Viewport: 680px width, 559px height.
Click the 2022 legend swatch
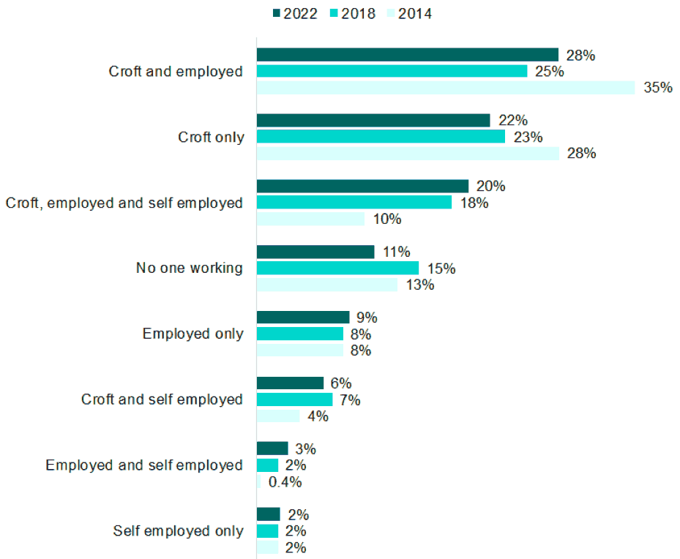point(277,13)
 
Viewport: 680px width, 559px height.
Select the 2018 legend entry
point(353,13)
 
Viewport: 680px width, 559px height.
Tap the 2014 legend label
point(415,13)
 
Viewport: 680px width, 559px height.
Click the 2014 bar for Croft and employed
point(446,88)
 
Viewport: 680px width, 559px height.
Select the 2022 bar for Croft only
point(373,121)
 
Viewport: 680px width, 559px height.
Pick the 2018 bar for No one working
point(338,268)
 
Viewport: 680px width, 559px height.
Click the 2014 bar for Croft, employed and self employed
point(310,219)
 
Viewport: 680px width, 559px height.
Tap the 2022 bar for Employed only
point(303,318)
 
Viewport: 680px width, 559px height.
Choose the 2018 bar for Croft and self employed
point(294,399)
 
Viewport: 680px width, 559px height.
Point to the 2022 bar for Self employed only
point(269,514)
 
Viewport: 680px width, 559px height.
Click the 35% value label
point(658,88)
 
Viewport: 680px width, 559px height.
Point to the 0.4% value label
point(285,482)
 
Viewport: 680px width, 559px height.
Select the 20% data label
point(491,187)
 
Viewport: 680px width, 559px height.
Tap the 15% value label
point(441,269)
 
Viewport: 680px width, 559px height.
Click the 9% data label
point(367,318)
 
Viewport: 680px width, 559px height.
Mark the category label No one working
point(190,269)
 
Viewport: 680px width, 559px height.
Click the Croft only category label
point(212,138)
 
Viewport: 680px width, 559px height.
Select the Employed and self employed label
point(144,465)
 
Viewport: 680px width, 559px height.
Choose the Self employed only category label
point(179,531)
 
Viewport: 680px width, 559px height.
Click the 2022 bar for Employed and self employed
point(272,449)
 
